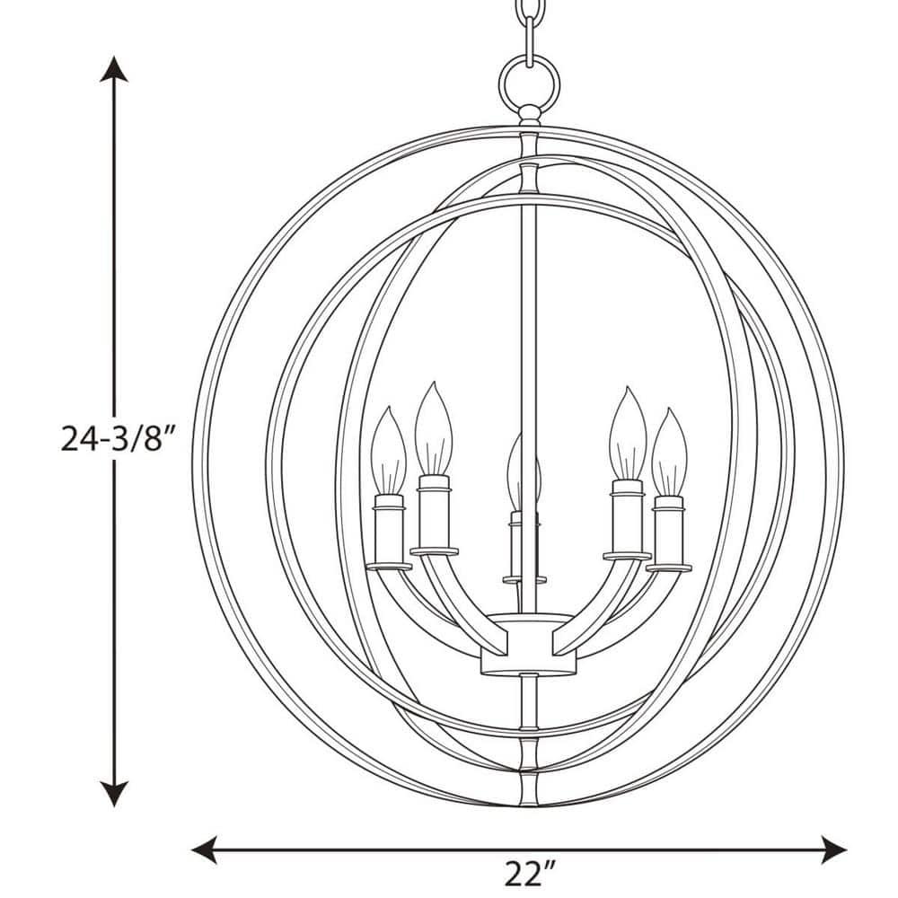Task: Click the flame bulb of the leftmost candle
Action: pos(390,449)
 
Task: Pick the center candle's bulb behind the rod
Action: pos(517,471)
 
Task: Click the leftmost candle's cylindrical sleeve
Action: pos(391,530)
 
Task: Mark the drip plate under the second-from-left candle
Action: pos(434,550)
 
